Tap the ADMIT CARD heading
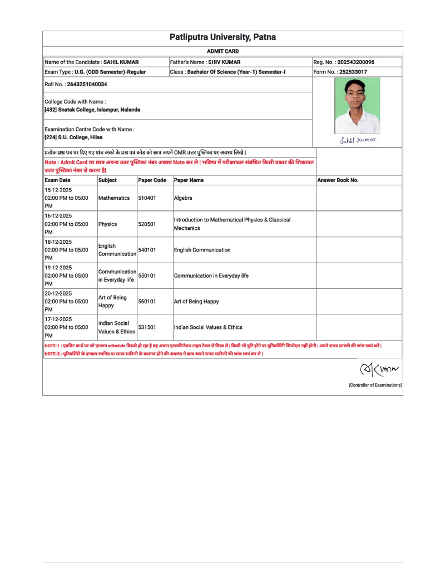tap(222, 51)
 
